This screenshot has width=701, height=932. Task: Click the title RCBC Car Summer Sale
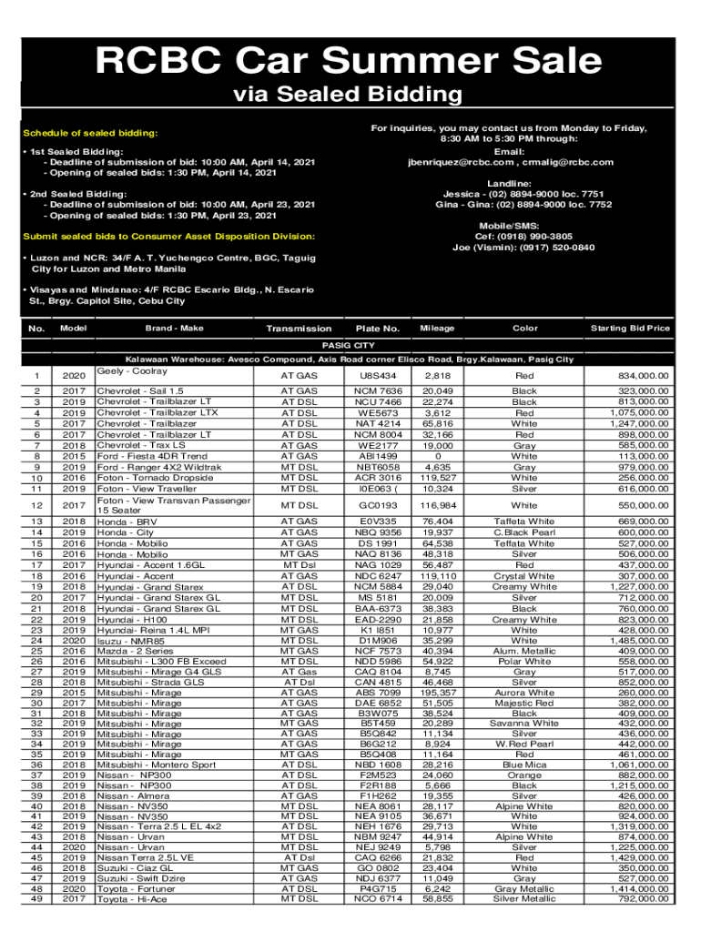(x=350, y=61)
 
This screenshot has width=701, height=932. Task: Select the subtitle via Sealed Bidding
(x=350, y=94)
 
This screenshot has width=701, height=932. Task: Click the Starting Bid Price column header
(x=629, y=328)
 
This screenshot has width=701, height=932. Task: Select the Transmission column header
(x=299, y=329)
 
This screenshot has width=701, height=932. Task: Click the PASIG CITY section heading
(x=350, y=346)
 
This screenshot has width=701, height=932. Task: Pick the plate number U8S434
(x=378, y=375)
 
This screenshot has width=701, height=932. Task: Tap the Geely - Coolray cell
(x=132, y=371)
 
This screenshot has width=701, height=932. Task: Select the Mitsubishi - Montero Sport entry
(x=157, y=765)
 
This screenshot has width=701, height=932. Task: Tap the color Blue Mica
(x=524, y=765)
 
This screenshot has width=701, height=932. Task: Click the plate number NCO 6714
(x=378, y=898)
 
